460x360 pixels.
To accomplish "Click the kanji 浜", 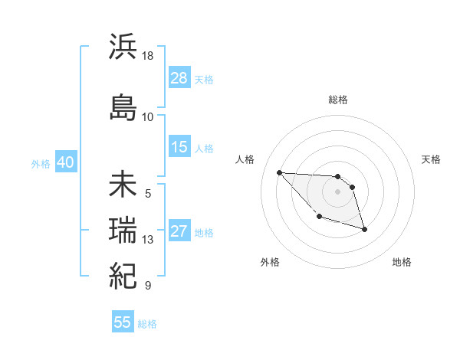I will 123,48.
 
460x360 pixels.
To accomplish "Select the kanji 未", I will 123,186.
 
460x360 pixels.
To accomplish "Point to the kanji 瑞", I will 123,230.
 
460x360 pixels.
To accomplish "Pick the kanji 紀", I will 123,273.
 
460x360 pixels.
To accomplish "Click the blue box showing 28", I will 179,78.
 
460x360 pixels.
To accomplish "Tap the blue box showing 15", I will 179,148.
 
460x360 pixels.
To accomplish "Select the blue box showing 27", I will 179,232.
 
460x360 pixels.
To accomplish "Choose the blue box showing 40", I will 65,162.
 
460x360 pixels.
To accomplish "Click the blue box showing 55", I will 123,322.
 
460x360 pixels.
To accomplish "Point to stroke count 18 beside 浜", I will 148,57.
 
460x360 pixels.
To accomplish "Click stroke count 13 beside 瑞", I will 148,240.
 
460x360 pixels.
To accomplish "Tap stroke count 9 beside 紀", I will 148,286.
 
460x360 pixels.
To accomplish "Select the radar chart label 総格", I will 338,100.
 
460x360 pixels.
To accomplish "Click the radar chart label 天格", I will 431,159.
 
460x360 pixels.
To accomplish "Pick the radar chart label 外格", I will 270,262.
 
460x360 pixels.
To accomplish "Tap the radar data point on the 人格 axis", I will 279,172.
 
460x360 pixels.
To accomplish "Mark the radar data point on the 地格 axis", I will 364,229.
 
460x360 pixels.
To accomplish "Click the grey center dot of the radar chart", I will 338,191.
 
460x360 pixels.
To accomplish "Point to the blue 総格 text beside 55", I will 147,324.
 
